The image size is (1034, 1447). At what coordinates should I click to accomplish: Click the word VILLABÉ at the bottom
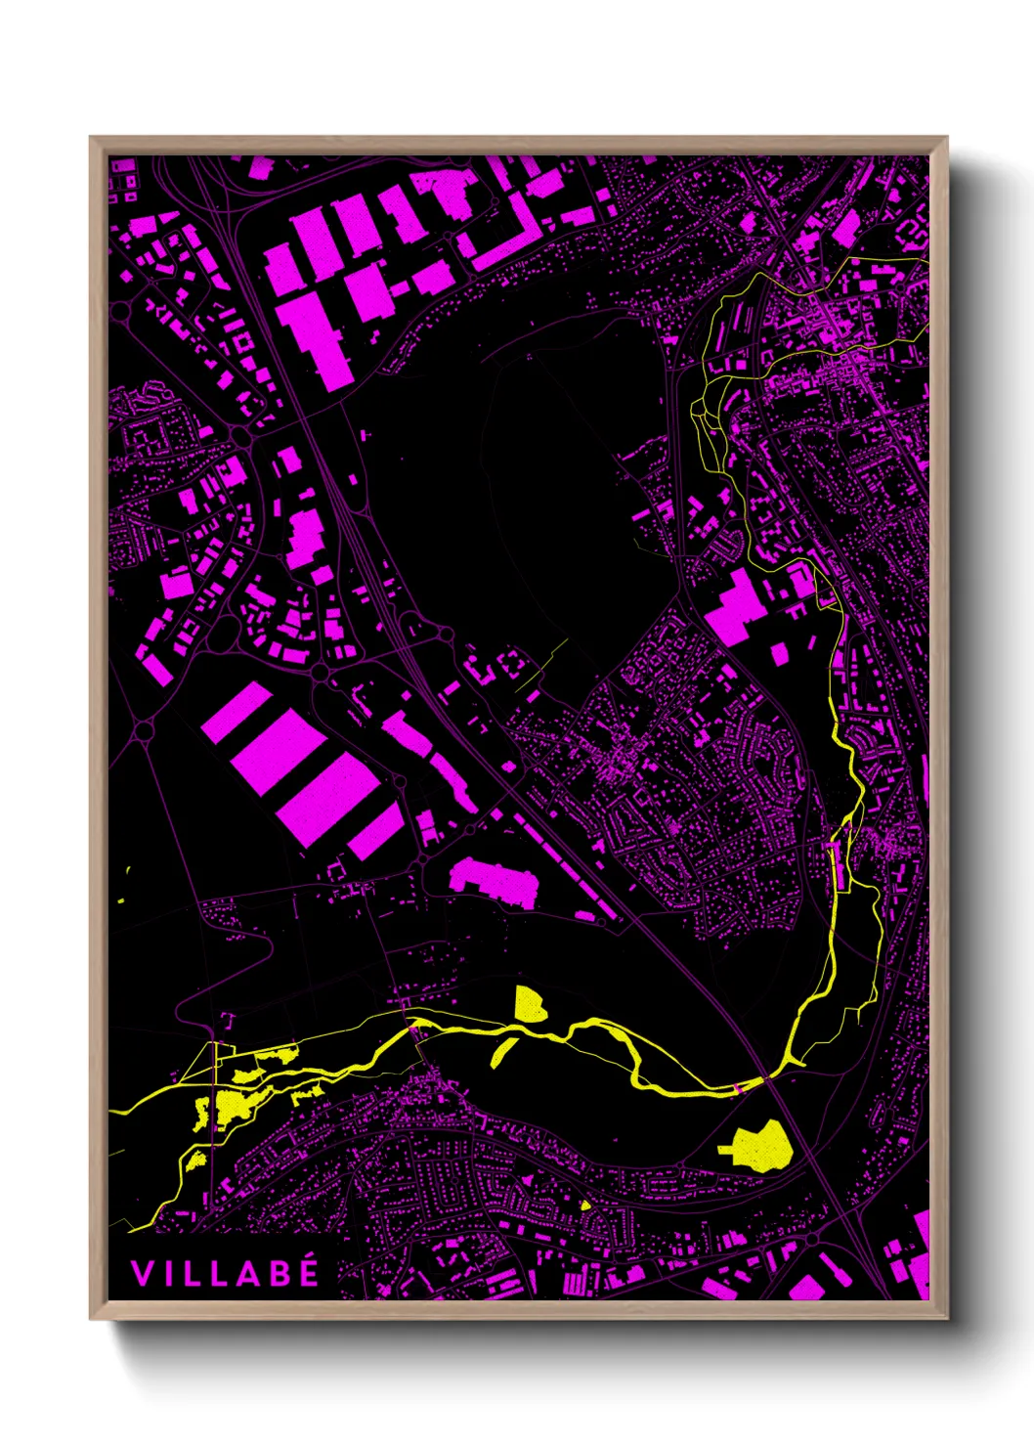(225, 1273)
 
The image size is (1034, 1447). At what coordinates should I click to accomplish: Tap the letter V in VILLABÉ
(140, 1273)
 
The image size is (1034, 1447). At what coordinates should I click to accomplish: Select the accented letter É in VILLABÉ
(309, 1271)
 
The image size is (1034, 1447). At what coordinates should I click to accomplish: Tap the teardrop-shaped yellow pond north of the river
(529, 1005)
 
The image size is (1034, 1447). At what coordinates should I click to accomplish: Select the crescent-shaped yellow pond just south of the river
(502, 1051)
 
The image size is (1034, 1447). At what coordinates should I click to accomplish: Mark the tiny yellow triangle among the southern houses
(585, 1205)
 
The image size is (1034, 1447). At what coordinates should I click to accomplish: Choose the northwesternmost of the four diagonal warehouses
(237, 711)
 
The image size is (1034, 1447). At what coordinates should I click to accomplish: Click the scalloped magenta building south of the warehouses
(495, 880)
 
